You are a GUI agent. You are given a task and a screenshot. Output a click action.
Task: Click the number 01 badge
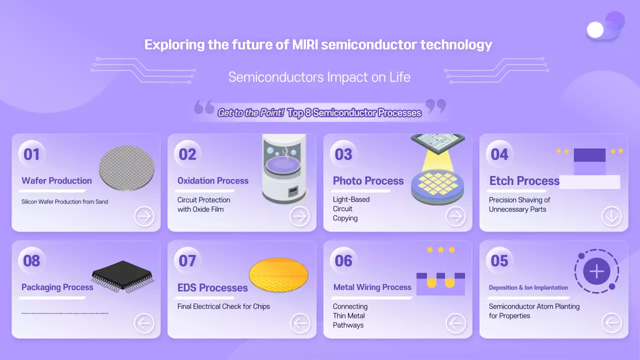point(31,154)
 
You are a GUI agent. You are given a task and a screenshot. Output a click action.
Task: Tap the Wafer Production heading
point(56,181)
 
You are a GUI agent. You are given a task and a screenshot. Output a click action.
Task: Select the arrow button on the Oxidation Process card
point(300,216)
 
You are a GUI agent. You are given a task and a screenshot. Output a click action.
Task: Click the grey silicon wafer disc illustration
point(127,168)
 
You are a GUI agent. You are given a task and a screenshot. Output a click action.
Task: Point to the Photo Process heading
point(368,181)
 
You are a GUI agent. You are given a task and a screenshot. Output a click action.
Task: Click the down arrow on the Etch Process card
point(611,216)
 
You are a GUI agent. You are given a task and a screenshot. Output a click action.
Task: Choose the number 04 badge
point(499,154)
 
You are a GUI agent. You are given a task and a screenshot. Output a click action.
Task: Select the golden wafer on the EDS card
point(278,274)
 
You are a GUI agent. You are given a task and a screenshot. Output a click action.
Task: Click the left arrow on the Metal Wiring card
point(455,323)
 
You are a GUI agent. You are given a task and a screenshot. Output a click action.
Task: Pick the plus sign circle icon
point(596,272)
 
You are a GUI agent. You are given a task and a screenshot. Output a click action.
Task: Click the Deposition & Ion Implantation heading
point(528,287)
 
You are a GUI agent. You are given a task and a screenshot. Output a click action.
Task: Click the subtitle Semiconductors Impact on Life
point(319,77)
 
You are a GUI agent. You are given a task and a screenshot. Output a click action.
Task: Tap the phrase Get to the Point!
point(250,113)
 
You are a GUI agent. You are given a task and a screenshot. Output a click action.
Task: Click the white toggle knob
point(595,30)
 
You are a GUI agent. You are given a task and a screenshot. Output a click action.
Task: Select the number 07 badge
point(187,260)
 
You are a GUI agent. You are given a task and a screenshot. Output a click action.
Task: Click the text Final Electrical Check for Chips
point(223,306)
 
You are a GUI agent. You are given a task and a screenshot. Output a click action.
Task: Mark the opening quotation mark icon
point(204,106)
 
